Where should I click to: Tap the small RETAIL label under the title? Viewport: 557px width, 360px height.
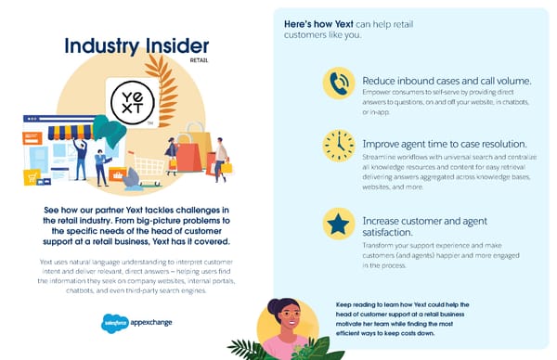[x=199, y=61]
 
